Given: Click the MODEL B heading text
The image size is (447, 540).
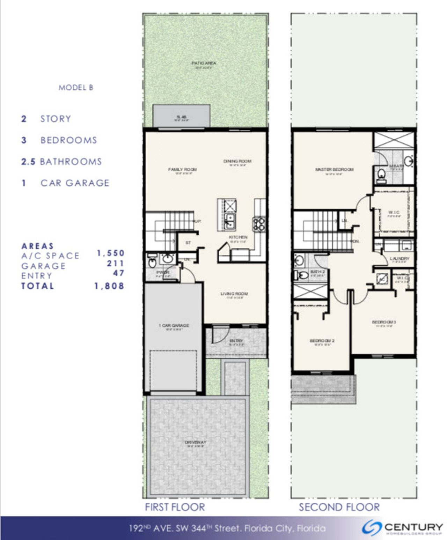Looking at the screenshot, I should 76,87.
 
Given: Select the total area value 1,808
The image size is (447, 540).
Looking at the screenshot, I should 109,286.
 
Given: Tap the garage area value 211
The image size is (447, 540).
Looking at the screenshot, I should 116,264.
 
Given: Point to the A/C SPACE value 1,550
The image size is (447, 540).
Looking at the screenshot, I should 110,253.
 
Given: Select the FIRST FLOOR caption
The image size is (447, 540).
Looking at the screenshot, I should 175,507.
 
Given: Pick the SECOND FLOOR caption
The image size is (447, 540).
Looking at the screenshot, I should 339,507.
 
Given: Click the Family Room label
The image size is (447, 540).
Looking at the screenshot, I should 182,170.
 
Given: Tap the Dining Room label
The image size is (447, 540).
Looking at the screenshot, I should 237,161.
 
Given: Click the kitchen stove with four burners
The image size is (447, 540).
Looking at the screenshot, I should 259,224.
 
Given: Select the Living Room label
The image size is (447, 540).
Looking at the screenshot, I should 234,294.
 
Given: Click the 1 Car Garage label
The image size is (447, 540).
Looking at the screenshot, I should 174,326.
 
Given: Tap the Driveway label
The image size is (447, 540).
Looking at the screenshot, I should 196,443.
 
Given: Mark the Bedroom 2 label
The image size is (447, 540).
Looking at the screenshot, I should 322,341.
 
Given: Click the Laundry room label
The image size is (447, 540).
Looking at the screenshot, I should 400,259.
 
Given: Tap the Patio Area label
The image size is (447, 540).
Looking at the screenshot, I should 204,63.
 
